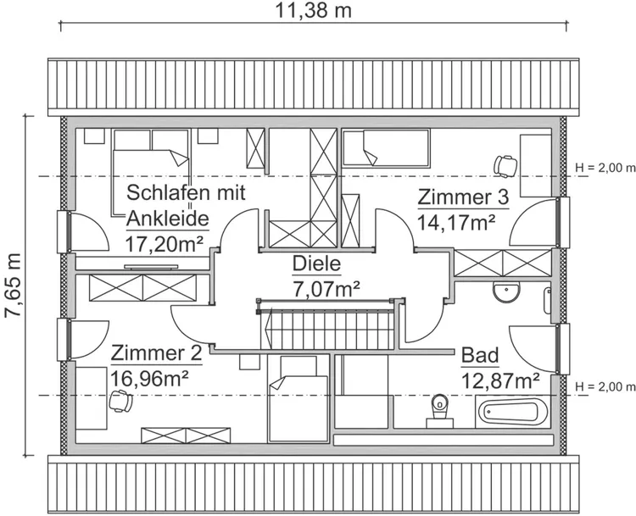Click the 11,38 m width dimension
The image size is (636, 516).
313,11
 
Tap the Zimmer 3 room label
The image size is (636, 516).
462,197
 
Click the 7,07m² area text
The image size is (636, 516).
326,288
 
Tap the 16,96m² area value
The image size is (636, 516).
149,376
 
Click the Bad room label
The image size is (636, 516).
479,354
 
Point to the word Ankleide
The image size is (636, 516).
168,219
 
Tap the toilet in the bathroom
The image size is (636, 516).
438,408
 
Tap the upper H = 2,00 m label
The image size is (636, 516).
605,167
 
